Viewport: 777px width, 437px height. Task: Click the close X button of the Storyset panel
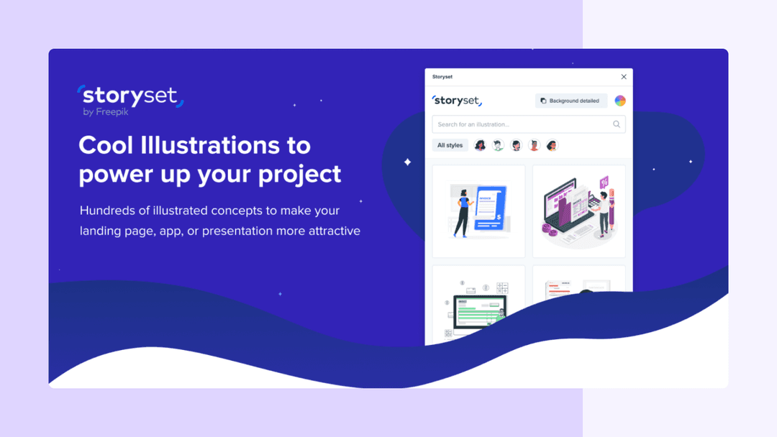624,77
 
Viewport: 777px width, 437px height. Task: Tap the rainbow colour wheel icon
620,101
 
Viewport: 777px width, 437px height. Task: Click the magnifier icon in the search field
617,124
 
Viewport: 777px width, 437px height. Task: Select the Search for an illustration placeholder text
473,124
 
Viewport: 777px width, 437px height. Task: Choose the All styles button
450,145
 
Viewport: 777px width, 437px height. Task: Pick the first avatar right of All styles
480,145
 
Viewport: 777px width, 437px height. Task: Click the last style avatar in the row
552,145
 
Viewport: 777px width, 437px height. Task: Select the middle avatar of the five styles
516,145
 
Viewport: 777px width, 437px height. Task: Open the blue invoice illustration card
478,211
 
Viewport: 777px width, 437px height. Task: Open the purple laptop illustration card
578,211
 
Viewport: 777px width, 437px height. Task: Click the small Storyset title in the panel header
442,77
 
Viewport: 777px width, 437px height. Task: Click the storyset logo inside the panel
457,101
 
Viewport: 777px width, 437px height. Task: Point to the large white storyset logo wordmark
130,96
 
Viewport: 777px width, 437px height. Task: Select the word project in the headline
301,175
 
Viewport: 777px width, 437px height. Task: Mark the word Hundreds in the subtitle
108,211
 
